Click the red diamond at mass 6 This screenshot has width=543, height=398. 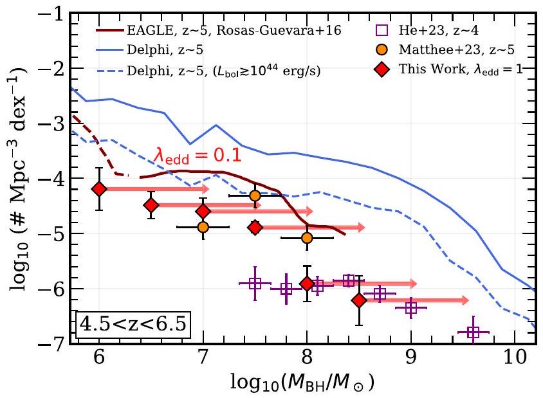(x=99, y=189)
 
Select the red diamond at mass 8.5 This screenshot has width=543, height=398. (x=359, y=300)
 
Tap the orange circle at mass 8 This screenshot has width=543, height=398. (x=307, y=238)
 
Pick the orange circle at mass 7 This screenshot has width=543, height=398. (x=203, y=227)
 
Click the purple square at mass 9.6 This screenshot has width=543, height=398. (x=474, y=332)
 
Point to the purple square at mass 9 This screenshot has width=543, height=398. (x=411, y=308)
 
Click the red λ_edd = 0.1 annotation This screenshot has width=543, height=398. (x=197, y=154)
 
